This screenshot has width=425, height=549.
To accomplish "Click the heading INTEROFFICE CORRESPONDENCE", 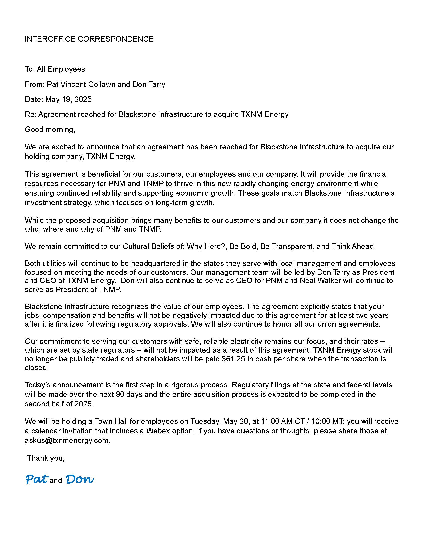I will tap(89, 39).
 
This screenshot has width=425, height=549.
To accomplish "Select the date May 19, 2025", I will tap(68, 99).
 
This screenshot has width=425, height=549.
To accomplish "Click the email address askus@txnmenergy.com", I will tap(66, 440).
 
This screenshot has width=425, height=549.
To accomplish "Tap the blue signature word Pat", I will tap(37, 479).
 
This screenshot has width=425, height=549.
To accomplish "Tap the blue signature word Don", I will tap(79, 479).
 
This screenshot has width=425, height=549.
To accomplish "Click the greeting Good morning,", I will tap(50, 129).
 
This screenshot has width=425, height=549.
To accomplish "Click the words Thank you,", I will tap(46, 458).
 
